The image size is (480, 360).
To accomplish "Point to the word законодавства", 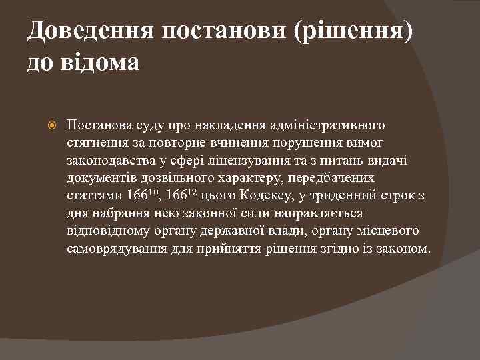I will coord(110,161).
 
